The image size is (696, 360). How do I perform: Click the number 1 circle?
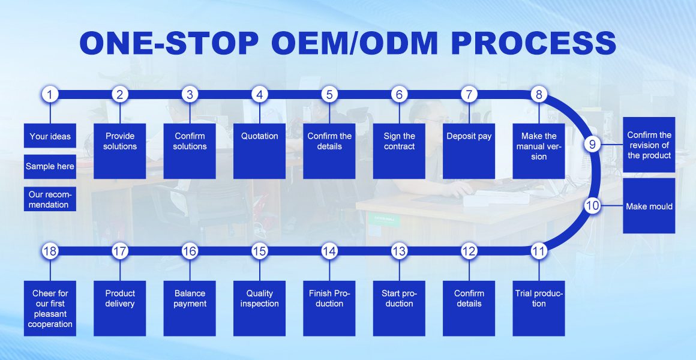pyautogui.click(x=50, y=94)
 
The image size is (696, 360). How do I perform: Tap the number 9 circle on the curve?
pyautogui.click(x=592, y=144)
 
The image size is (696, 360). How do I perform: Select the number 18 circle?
pyautogui.click(x=50, y=251)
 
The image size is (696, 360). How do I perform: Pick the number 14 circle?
pyautogui.click(x=329, y=251)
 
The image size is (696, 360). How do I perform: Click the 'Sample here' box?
pyautogui.click(x=50, y=166)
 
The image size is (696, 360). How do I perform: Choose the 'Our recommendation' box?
pyautogui.click(x=50, y=199)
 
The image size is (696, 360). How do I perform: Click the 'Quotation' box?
pyautogui.click(x=259, y=151)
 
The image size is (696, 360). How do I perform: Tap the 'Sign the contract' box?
pyautogui.click(x=399, y=151)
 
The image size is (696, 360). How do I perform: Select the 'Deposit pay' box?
pyautogui.click(x=469, y=151)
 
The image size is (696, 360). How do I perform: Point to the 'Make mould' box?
pyautogui.click(x=649, y=206)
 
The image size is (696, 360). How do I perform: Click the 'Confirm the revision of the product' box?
pyautogui.click(x=649, y=145)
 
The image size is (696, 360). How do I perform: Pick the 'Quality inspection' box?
pyautogui.click(x=259, y=308)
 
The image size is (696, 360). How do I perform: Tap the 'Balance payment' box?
pyautogui.click(x=190, y=308)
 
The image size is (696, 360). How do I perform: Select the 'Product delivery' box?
pyautogui.click(x=120, y=308)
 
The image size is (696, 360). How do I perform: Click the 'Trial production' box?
pyautogui.click(x=538, y=308)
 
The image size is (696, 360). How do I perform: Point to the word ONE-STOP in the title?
pyautogui.click(x=169, y=43)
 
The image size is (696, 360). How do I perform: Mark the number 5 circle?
pyautogui.click(x=329, y=94)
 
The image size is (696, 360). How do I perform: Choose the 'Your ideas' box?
pyautogui.click(x=50, y=136)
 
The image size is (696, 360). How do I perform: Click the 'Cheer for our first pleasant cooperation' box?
pyautogui.click(x=50, y=308)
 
